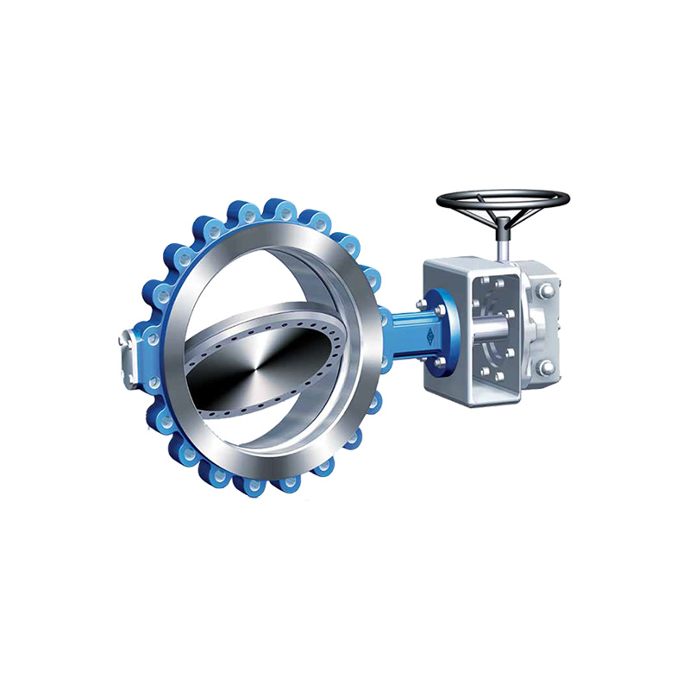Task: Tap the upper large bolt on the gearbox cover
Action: pyautogui.click(x=544, y=293)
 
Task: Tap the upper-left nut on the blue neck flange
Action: pyautogui.click(x=422, y=304)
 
